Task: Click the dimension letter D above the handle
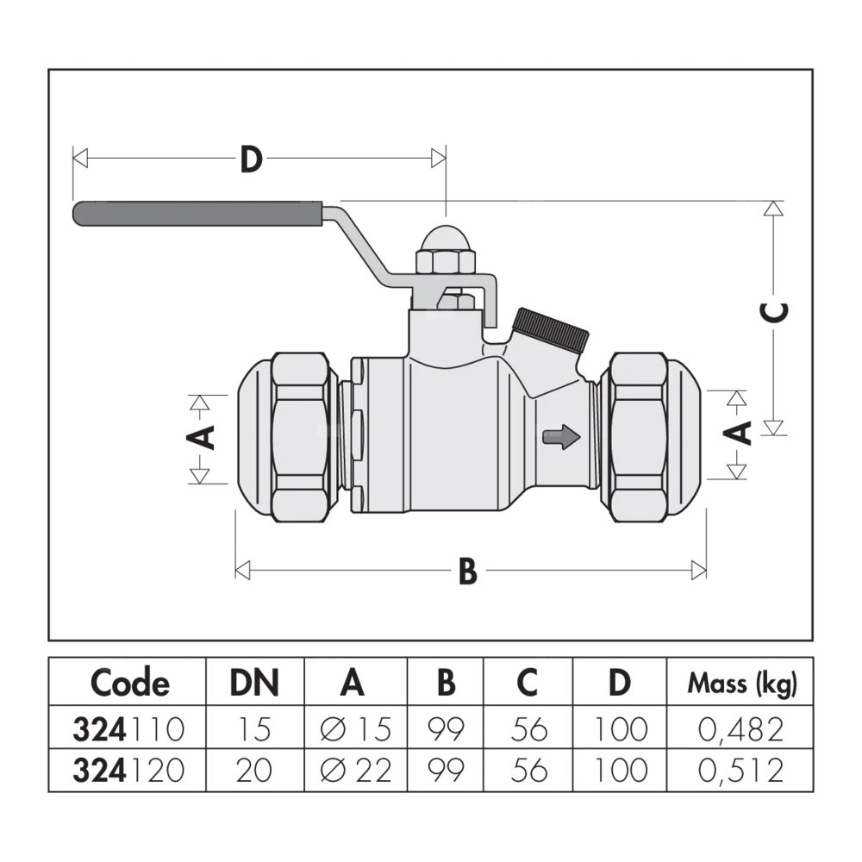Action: coord(250,159)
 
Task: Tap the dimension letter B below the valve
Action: coord(467,571)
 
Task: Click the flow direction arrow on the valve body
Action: coord(559,438)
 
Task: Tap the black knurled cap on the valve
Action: coord(551,328)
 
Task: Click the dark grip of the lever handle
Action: coord(198,214)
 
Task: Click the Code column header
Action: coord(129,683)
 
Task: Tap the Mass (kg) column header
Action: coord(741,684)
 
